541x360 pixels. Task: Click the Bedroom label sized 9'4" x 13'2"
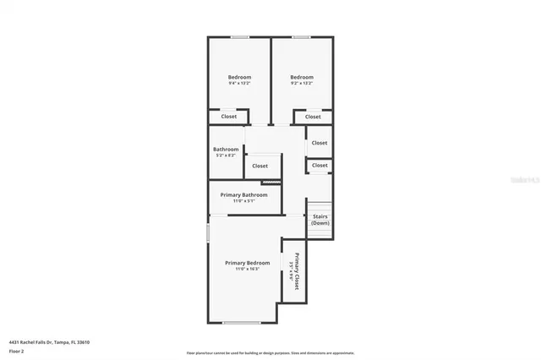[239, 77]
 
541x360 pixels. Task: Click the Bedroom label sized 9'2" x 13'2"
[302, 77]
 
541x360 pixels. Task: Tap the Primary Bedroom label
[247, 263]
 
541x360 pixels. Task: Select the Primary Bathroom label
[243, 194]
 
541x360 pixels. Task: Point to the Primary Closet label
[298, 271]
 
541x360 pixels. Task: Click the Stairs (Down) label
[320, 220]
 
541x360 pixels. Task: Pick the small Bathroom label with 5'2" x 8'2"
[226, 150]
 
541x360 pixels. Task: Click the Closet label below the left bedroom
[229, 117]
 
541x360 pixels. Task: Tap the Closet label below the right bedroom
[313, 117]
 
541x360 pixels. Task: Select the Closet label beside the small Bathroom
[260, 166]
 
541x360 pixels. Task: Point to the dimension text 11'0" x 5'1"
[243, 200]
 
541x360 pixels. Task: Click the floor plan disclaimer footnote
[270, 353]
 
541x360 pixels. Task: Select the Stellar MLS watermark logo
[524, 180]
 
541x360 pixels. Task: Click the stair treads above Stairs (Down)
[319, 206]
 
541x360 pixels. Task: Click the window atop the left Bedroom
[240, 36]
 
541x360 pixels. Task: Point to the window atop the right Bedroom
[301, 36]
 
